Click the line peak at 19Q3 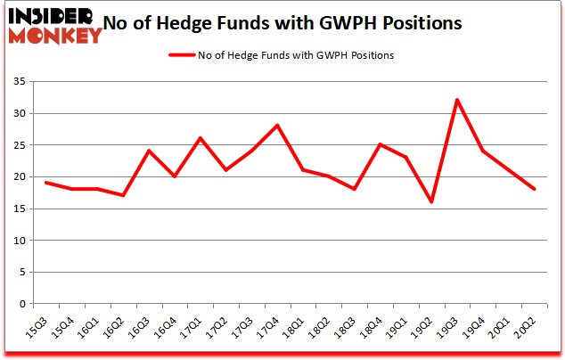(x=457, y=100)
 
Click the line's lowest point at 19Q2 (x=431, y=202)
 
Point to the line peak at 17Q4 (x=277, y=126)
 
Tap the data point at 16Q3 (x=148, y=151)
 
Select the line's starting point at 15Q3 (x=45, y=183)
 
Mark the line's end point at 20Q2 (x=534, y=189)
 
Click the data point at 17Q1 (x=200, y=138)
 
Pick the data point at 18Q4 (x=380, y=144)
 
